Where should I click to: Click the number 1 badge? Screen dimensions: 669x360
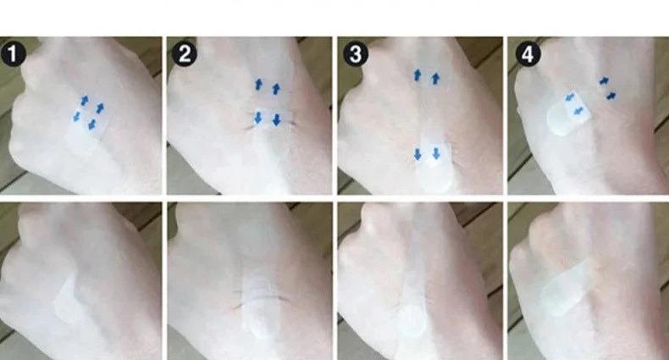coord(14,54)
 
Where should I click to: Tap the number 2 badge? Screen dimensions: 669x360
coord(185,54)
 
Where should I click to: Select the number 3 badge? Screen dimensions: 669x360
coord(356,54)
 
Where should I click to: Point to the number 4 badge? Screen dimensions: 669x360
coord(528,54)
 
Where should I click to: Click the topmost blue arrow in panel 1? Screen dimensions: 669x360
coord(85,101)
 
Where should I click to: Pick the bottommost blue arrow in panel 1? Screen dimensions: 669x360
coord(91,125)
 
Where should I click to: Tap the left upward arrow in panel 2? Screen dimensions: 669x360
coord(258,85)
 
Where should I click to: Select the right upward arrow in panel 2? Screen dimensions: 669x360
coord(276,89)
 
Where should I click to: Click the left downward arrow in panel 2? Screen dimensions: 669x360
coord(258,118)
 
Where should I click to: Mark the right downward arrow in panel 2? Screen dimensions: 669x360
coord(276,119)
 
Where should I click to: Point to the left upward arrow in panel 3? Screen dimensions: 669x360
coord(417,75)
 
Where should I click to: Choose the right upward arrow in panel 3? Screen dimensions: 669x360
coord(435,79)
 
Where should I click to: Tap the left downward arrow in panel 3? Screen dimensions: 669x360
coord(417,154)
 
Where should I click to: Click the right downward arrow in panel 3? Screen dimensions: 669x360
coord(436,153)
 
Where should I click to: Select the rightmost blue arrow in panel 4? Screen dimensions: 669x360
coord(611,96)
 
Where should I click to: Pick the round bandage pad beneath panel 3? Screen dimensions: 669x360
coord(411,322)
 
